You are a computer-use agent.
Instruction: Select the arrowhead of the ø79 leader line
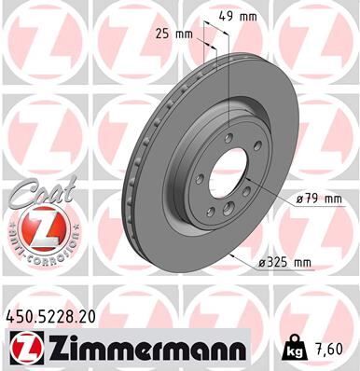[x=251, y=177]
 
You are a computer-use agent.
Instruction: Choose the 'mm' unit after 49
[x=250, y=16]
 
